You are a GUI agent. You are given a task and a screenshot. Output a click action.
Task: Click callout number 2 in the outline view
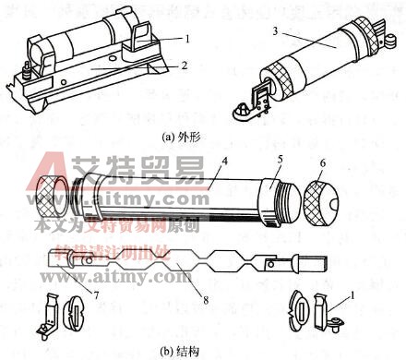click(186, 66)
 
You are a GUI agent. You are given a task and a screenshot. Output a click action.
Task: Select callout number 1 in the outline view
click(186, 39)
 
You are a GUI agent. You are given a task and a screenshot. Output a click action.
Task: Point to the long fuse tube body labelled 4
click(185, 196)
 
